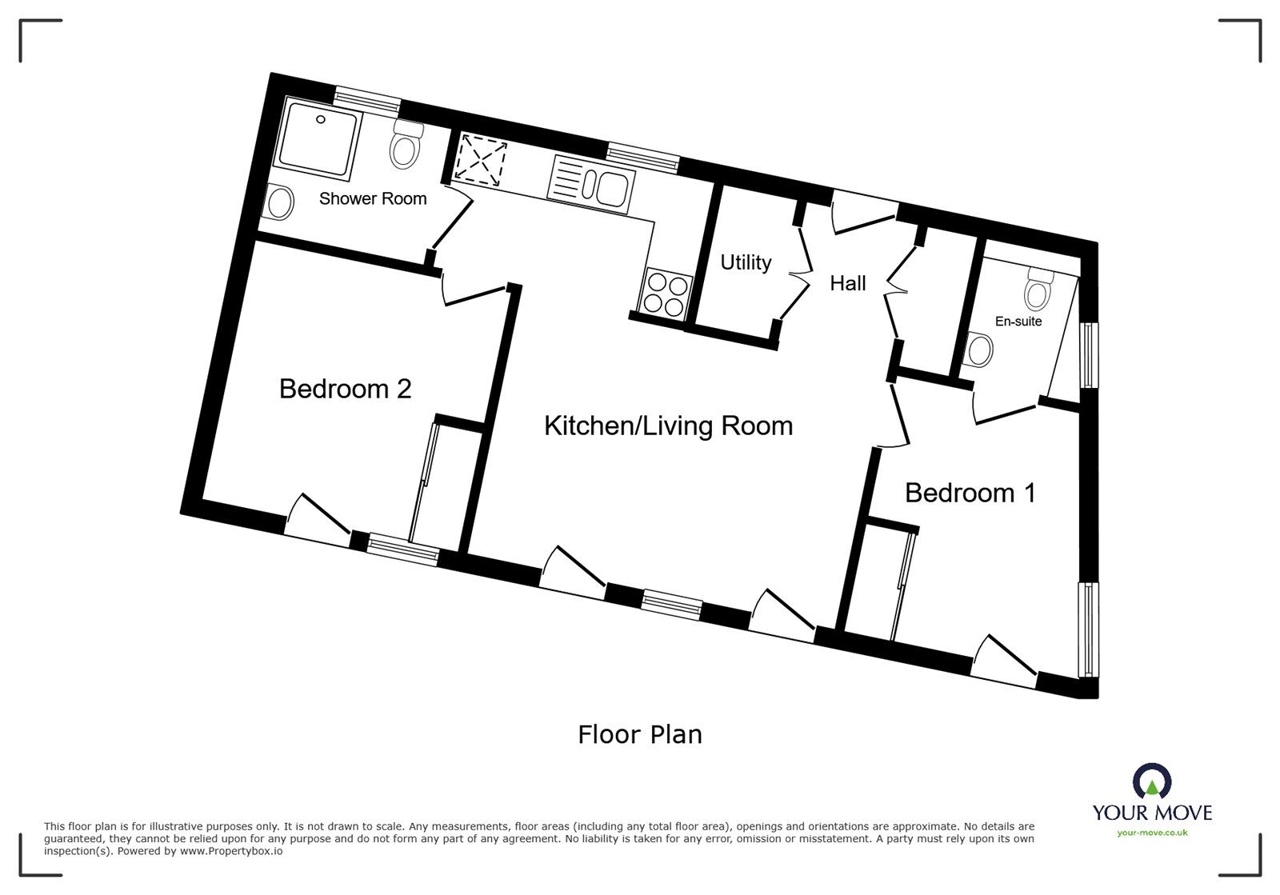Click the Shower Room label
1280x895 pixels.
pos(373,199)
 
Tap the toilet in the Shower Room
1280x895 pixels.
pos(406,145)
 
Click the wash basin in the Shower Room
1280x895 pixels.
pos(278,202)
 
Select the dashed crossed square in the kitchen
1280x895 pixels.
pos(480,159)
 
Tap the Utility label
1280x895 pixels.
pos(746,262)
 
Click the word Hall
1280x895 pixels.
pos(847,283)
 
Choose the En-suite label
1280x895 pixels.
pos(1018,322)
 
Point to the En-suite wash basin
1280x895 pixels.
pos(978,349)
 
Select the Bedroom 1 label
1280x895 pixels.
pos(970,493)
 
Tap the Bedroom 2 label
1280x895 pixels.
pos(345,389)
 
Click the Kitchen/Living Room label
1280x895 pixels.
pos(668,426)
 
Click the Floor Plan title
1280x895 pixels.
pos(640,734)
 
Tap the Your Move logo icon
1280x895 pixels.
pos(1152,781)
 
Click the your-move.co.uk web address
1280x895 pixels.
pos(1152,833)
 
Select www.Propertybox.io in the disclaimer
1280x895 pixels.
pos(231,851)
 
